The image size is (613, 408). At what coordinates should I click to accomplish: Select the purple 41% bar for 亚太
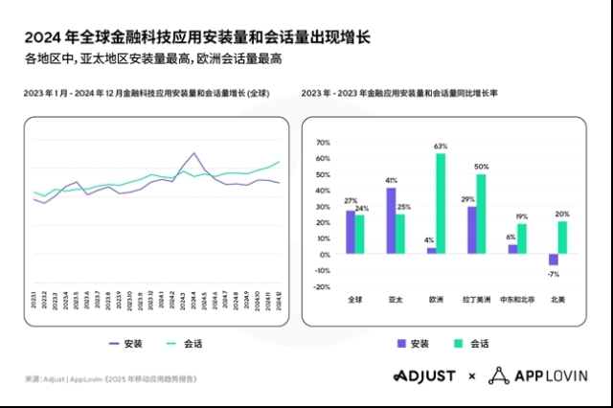[391, 219]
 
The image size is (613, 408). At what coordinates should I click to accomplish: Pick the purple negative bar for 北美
[553, 259]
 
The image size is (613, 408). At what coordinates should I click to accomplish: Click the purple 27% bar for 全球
[351, 231]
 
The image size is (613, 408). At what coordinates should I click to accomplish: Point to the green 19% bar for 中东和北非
[522, 238]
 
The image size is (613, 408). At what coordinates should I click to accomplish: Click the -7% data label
[553, 273]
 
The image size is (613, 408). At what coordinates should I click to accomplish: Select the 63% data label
[441, 147]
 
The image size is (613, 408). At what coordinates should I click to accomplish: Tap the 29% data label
[469, 199]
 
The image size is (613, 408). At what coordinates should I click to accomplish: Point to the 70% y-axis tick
[322, 143]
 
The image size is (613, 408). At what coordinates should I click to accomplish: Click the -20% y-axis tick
[321, 286]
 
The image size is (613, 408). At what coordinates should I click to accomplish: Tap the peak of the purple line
[194, 152]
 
